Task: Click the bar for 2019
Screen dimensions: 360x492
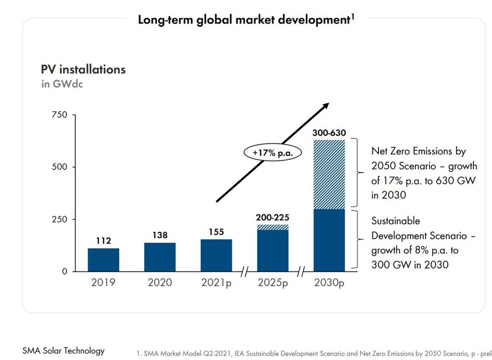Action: coord(103,260)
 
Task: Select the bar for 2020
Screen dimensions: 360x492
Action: coord(160,257)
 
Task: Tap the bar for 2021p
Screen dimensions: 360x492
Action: coord(216,255)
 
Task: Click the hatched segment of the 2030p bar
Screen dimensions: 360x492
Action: coord(329,175)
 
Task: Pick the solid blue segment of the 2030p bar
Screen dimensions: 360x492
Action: coord(329,240)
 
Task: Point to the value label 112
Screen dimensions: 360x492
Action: coord(103,241)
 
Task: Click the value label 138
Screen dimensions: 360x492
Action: coord(160,236)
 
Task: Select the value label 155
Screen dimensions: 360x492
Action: coord(216,232)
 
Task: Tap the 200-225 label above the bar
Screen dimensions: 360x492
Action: coord(273,217)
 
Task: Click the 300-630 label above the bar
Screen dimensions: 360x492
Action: coord(329,133)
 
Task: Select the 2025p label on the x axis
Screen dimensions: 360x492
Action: coord(273,283)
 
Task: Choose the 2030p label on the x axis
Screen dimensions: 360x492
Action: coord(329,283)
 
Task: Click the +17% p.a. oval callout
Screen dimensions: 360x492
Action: coord(272,153)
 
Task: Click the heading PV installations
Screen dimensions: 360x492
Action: coord(83,69)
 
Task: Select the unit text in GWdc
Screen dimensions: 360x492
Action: coord(62,84)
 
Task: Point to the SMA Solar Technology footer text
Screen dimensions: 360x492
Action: coord(63,351)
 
